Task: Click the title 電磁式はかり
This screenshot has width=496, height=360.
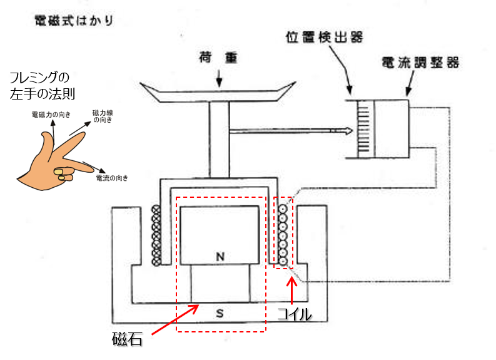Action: point(74,21)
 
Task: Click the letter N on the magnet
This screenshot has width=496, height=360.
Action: point(220,256)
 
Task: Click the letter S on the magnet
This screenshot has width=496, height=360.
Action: point(220,312)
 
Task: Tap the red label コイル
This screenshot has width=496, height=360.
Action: point(294,314)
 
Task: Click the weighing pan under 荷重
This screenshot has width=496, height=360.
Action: point(218,92)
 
